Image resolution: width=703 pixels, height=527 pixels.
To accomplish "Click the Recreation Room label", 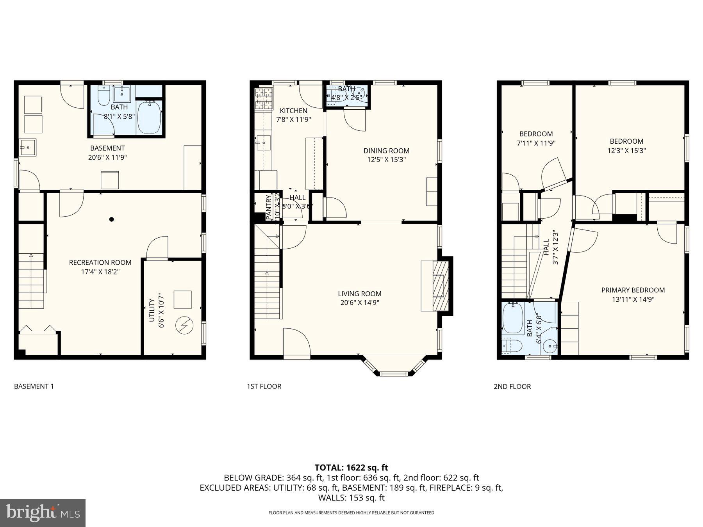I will pos(100,262).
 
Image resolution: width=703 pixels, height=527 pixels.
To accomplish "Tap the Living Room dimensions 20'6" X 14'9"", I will pos(359,303).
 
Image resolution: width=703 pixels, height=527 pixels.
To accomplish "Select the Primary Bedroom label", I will pos(633,290).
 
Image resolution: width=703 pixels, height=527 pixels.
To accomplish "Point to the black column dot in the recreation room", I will pos(111,219).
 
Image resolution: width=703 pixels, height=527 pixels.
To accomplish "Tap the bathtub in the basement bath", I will pos(149,117).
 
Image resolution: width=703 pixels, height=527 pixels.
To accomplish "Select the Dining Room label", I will pos(386,151).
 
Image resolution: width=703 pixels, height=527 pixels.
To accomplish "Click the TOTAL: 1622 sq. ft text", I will pos(351,468).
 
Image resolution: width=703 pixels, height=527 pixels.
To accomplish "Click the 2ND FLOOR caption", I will pos(512,386).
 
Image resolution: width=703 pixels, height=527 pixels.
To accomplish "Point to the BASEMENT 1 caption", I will pos(34,386).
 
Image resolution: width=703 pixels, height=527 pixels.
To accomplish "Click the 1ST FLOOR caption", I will pos(264,386).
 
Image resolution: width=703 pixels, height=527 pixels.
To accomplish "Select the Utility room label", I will pos(152,310).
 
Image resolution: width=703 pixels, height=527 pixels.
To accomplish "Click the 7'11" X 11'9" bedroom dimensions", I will pos(536,143).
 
